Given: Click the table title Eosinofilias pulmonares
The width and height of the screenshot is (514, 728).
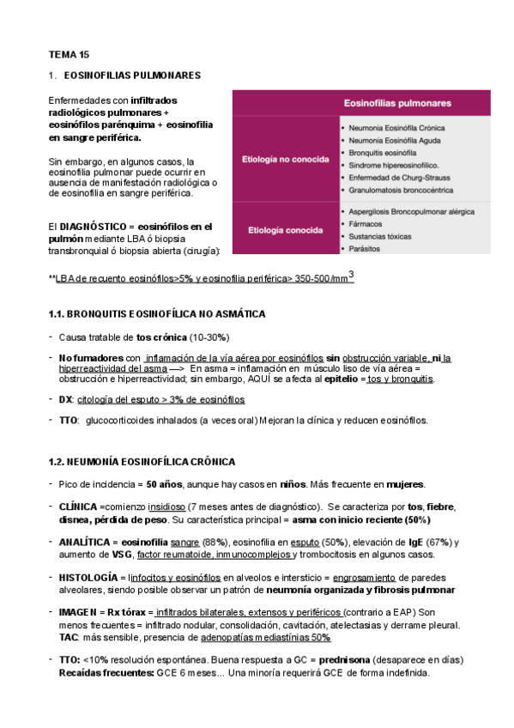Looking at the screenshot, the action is click(x=397, y=102).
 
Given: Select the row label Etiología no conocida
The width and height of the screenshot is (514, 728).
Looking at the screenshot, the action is click(x=285, y=159).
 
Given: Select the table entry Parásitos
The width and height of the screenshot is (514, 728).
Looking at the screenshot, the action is click(x=365, y=248).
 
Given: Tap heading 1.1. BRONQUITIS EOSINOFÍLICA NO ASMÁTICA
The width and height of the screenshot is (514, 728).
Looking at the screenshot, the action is click(x=157, y=313).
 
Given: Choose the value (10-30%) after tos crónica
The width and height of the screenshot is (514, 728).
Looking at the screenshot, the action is click(x=209, y=337).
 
